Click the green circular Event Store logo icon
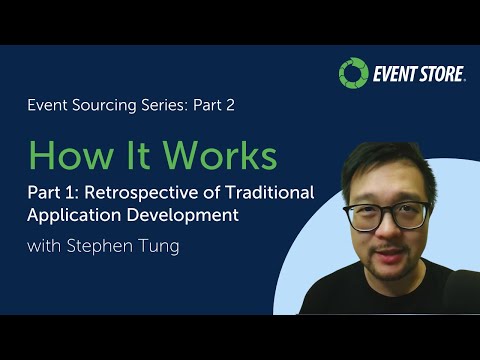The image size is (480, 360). pyautogui.click(x=352, y=73)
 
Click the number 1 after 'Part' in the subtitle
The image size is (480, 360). pyautogui.click(x=71, y=192)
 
